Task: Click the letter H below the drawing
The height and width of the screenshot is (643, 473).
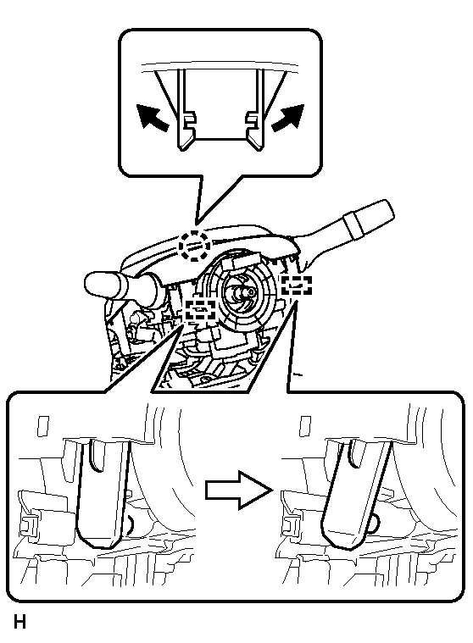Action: click(19, 622)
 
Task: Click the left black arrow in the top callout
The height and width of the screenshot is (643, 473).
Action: click(153, 118)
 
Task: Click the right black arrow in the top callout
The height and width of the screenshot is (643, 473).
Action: click(288, 118)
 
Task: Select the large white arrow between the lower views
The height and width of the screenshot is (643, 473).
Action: click(239, 490)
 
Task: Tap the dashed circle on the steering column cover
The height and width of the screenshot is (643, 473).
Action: click(196, 245)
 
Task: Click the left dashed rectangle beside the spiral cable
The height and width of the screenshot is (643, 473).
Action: click(201, 309)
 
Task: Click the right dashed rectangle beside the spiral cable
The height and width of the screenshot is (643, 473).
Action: click(296, 285)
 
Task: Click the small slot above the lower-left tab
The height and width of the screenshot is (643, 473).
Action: click(42, 426)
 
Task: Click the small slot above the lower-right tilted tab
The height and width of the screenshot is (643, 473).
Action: click(305, 426)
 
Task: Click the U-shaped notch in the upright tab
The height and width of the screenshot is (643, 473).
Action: click(97, 455)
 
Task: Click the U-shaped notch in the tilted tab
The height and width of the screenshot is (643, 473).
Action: click(356, 453)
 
